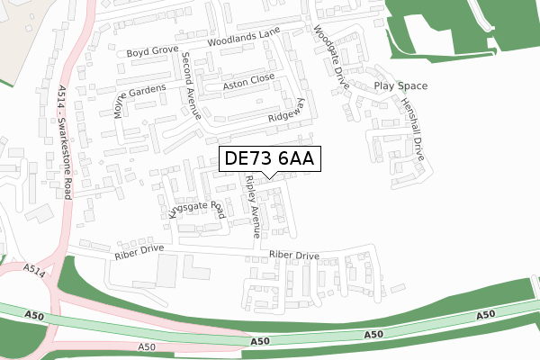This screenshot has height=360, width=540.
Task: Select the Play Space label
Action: click(x=400, y=86)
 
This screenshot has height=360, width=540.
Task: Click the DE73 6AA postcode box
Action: click(x=267, y=158)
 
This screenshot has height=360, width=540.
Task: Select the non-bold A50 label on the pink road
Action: click(x=148, y=346)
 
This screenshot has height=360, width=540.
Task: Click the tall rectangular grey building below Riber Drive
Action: click(x=166, y=268)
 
